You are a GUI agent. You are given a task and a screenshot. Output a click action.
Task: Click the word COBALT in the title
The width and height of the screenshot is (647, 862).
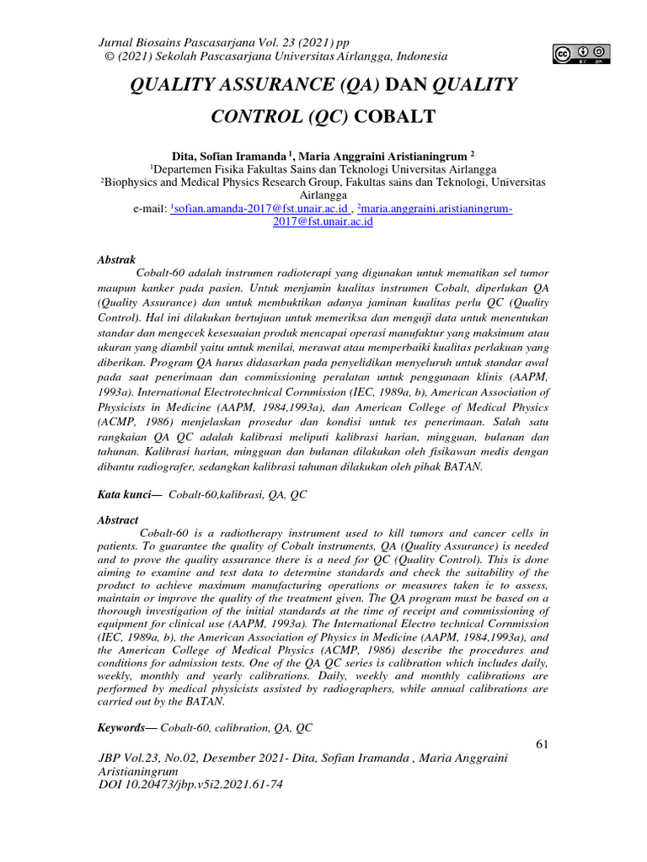[399, 116]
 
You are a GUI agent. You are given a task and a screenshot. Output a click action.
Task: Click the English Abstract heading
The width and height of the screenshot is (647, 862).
[118, 521]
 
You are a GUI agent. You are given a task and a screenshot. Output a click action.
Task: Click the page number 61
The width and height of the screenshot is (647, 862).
[541, 744]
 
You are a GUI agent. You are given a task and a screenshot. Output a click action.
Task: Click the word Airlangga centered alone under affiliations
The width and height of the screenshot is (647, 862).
[323, 194]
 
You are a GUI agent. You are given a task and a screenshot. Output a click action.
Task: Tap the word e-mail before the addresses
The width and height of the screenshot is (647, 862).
[147, 208]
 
